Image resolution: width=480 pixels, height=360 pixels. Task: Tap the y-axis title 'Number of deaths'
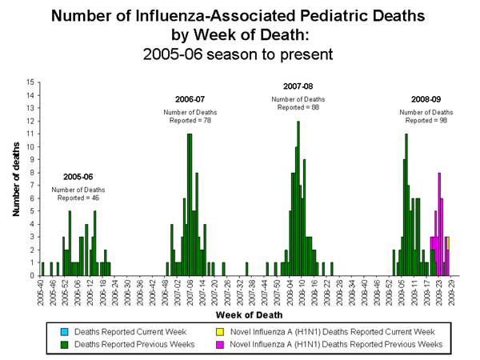15,178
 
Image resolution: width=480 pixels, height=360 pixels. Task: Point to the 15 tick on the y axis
30,82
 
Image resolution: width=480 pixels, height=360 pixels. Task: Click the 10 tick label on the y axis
30,146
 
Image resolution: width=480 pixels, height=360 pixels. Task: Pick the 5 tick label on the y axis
31,211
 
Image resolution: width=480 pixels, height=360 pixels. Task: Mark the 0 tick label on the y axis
31,275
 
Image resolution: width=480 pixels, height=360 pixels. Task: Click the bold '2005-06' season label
78,176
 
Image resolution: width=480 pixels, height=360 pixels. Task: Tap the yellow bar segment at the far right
448,242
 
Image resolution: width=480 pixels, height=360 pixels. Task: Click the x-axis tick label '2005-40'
42,289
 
